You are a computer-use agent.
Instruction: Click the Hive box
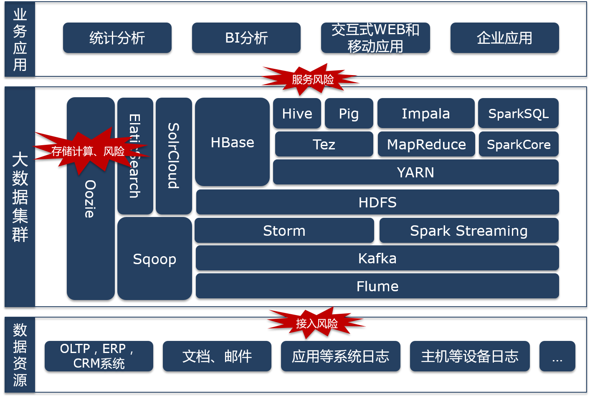coord(297,113)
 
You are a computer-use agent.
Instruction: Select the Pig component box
coord(349,113)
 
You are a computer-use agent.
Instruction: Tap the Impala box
coord(425,113)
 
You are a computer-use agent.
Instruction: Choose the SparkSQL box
coord(518,113)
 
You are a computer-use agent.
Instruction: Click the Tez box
coord(324,144)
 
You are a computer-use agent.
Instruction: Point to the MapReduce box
coord(426,144)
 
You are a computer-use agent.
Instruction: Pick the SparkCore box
coord(518,144)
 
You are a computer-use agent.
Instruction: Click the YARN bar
coord(415,172)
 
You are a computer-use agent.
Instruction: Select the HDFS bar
coord(377,202)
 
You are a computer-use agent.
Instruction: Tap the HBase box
coord(232,142)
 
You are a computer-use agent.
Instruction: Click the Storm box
coord(284,230)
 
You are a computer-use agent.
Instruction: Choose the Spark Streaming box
coord(468,230)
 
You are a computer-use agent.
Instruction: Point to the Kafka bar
coord(377,258)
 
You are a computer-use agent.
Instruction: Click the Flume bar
coord(377,286)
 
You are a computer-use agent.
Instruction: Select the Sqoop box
coord(154,259)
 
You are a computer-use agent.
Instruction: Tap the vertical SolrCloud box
coord(174,156)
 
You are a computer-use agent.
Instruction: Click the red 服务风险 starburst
coord(312,79)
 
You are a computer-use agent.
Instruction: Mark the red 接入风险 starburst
coord(317,323)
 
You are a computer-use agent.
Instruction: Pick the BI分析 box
coord(246,38)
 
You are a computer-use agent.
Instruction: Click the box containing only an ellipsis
coord(557,356)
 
